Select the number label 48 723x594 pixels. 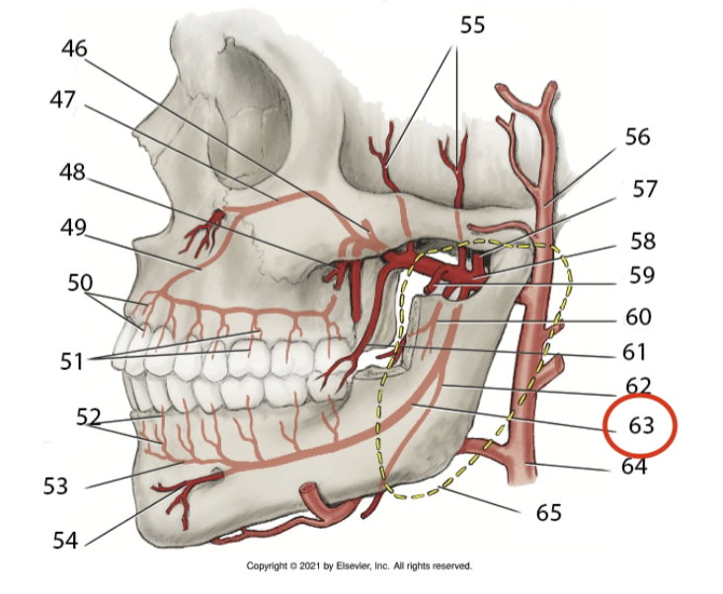pos(72,172)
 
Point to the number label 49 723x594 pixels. pos(72,228)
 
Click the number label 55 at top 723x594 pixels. pos(472,26)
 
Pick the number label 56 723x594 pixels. pos(637,136)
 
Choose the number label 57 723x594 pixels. pos(644,187)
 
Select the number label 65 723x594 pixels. pos(548,512)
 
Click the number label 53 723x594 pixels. pos(56,485)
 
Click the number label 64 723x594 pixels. pos(633,465)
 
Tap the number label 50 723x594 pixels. pos(80,283)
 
